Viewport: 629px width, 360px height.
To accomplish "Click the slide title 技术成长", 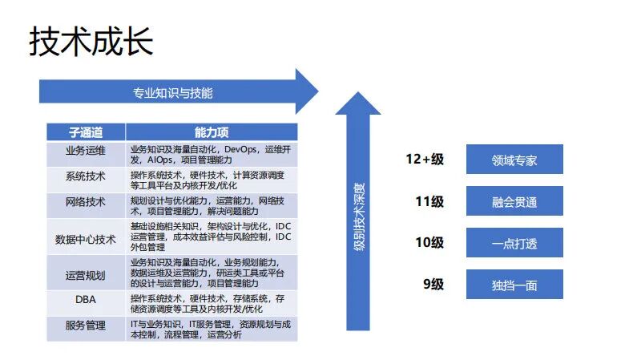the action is coord(91,42).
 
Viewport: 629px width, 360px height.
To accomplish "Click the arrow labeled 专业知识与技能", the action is coord(173,93).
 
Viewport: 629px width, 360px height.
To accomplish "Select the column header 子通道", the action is coord(86,132).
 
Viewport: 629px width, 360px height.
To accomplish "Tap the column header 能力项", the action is coord(212,132).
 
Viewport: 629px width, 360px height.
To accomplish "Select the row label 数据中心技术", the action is coord(86,238).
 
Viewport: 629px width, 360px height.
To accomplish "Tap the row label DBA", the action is coord(86,301).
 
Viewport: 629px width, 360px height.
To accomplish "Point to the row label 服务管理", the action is coord(86,328).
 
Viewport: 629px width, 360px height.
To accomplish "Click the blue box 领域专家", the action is coord(514,160).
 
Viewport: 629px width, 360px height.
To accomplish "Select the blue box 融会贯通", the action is coord(514,201).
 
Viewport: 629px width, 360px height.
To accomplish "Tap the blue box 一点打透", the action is coord(514,243).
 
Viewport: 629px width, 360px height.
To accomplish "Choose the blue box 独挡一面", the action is coord(514,285).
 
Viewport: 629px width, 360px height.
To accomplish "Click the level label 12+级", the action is coord(425,160).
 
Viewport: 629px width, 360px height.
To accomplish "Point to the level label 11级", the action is coord(429,201).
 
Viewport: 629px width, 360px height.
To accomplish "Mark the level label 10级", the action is coord(429,243).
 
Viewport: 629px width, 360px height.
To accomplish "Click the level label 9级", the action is coord(433,284).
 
